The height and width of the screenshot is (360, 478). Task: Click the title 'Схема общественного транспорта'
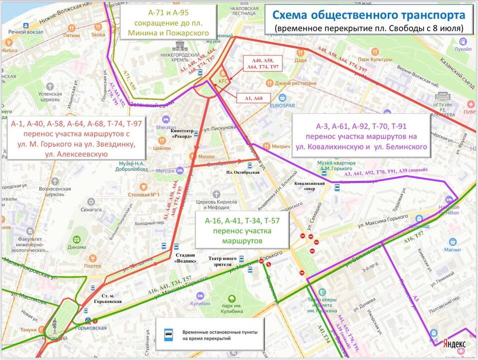pyautogui.click(x=368, y=15)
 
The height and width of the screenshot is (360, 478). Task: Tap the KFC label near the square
pyautogui.click(x=223, y=81)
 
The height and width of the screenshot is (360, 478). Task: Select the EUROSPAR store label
pyautogui.click(x=283, y=105)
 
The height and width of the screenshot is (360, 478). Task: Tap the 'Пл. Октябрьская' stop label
pyautogui.click(x=242, y=172)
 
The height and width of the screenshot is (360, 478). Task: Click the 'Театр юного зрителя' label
pyautogui.click(x=222, y=262)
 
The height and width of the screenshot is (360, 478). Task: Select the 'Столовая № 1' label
pyautogui.click(x=144, y=194)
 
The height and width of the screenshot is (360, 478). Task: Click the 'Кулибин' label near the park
pyautogui.click(x=200, y=304)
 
